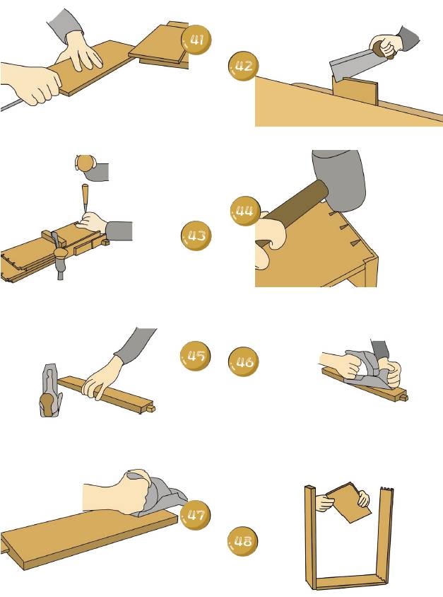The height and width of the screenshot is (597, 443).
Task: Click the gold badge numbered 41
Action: point(196,41)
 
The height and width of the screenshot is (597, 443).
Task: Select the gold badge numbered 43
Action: point(196,236)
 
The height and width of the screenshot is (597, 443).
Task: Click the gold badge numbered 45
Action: point(195,356)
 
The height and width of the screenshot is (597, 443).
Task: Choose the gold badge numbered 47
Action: point(194,514)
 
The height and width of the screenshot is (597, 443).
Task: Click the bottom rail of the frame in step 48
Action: point(346,583)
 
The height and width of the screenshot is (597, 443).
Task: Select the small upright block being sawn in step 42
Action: point(356,92)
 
